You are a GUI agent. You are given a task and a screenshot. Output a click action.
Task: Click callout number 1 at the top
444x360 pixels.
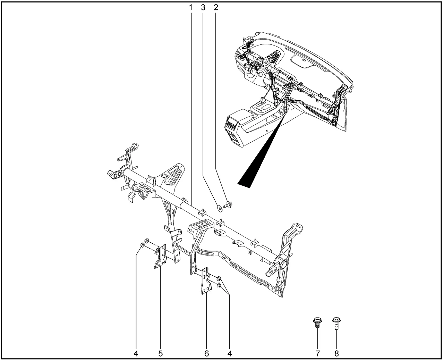(190, 8)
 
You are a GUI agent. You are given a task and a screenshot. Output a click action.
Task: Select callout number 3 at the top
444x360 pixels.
(203, 8)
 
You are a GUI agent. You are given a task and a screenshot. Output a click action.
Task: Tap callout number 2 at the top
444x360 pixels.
(216, 8)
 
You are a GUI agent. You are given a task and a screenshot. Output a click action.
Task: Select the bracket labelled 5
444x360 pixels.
(160, 256)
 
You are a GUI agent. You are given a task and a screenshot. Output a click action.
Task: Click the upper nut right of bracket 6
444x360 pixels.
(219, 278)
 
